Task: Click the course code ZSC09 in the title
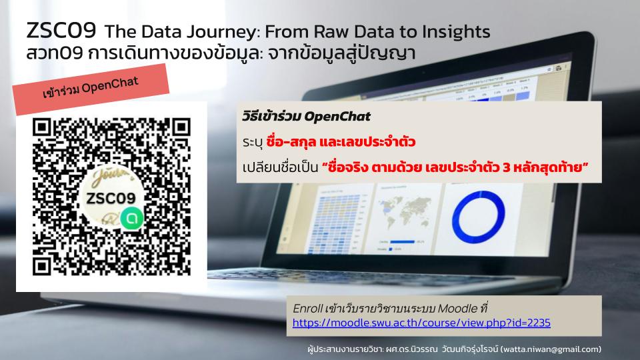[61, 31]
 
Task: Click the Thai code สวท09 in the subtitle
[55, 53]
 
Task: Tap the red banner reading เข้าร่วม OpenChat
[91, 88]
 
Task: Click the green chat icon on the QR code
[132, 219]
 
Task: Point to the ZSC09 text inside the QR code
[111, 199]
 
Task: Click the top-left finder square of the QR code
[41, 127]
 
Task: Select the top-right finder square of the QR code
[181, 127]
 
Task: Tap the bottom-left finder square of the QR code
[41, 267]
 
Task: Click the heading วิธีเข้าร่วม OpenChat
[306, 117]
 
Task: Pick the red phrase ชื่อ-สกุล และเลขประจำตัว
[341, 141]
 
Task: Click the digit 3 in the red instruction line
[506, 167]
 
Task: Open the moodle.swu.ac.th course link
[421, 323]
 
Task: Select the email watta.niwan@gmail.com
[551, 349]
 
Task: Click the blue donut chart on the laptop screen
[479, 217]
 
